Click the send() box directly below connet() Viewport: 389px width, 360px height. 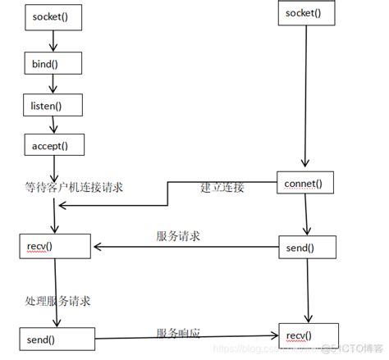(x=306, y=246)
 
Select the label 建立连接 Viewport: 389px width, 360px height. (x=222, y=188)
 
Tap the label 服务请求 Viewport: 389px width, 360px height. (x=178, y=235)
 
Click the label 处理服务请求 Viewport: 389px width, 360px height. (x=57, y=301)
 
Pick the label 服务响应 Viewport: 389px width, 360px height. (x=178, y=331)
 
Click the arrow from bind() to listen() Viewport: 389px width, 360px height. (x=54, y=84)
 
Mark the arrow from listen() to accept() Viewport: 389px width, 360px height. (x=54, y=125)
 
